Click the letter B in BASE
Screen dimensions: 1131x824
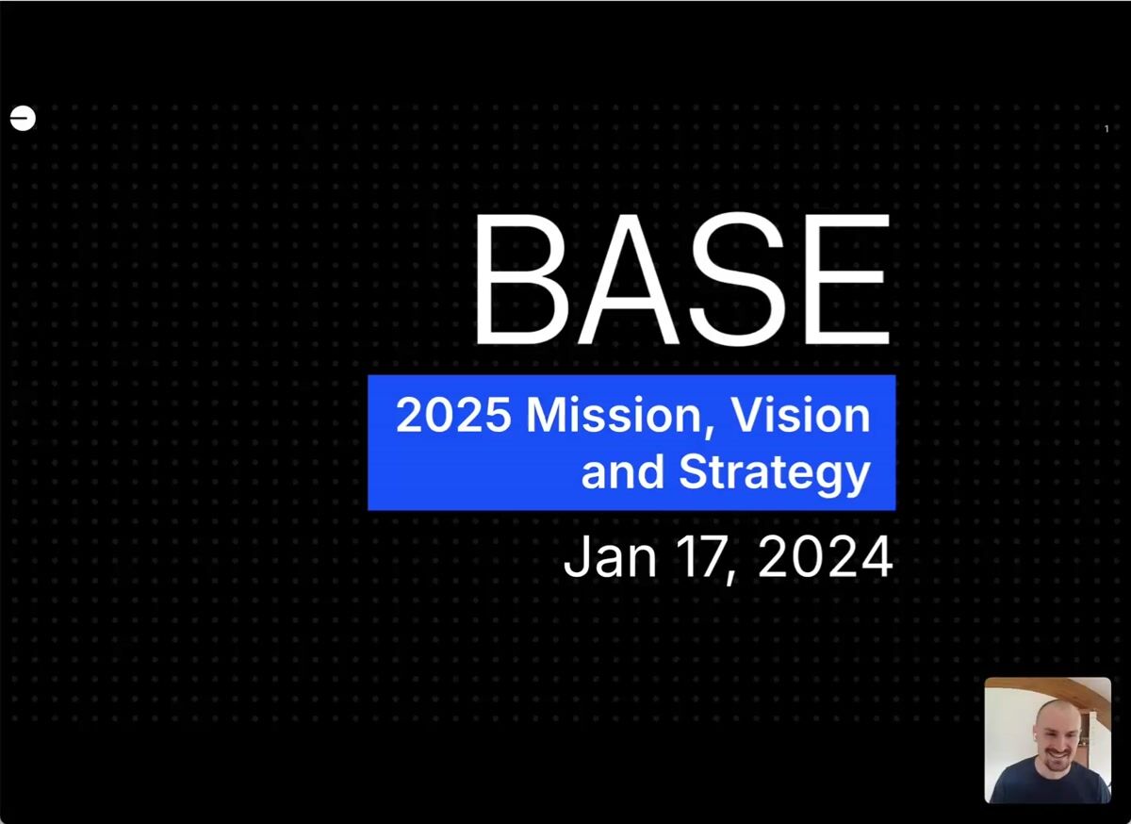[521, 279]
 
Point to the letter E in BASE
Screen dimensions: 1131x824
[846, 279]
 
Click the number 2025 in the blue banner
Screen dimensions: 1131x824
[453, 415]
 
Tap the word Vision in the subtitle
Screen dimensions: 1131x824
[801, 415]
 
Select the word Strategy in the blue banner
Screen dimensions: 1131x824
[775, 473]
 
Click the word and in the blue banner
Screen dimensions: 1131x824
[622, 472]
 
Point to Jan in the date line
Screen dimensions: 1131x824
[610, 557]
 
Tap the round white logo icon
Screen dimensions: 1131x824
[23, 118]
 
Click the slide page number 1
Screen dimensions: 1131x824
[1106, 129]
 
